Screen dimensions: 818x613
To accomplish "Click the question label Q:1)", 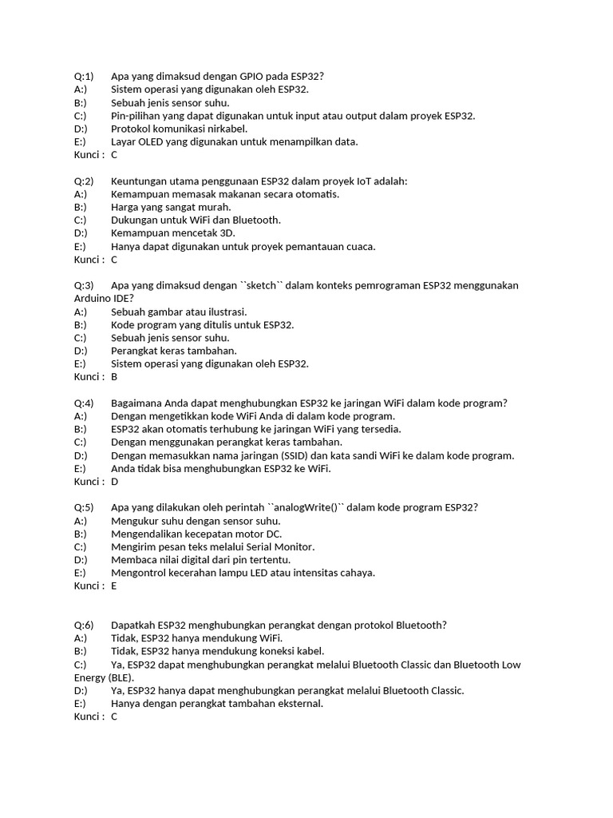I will click(84, 77).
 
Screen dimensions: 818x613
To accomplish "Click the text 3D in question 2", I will click(227, 233).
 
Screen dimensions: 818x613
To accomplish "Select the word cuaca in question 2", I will click(358, 247).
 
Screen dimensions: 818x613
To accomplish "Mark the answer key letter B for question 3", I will click(114, 377).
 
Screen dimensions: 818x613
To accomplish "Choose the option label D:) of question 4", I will click(81, 455).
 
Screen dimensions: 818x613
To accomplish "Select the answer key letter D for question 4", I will click(115, 482).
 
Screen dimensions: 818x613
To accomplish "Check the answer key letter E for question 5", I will click(114, 586).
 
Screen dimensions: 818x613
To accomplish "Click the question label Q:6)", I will click(84, 625).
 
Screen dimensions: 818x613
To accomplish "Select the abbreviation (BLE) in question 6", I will click(120, 677).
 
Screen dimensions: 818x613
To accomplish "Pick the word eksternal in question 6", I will click(299, 704).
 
